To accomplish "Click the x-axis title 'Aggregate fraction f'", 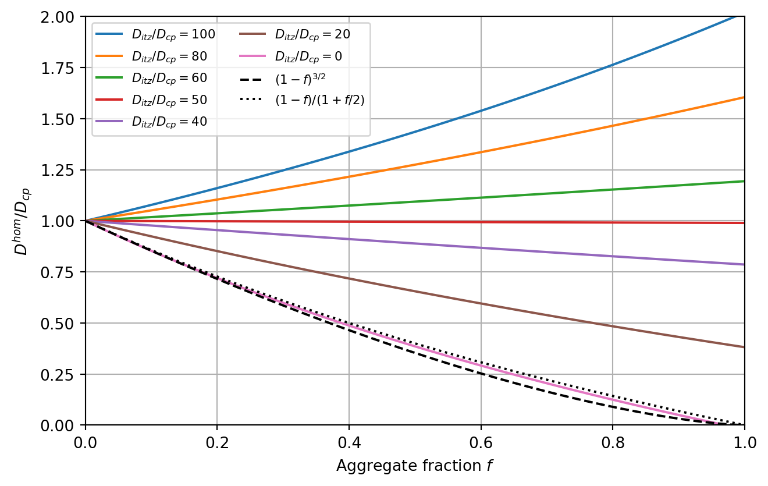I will (x=415, y=466).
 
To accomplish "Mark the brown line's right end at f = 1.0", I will (x=744, y=347).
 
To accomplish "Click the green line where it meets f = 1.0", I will (x=744, y=181).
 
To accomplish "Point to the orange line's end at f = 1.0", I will (x=744, y=97).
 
